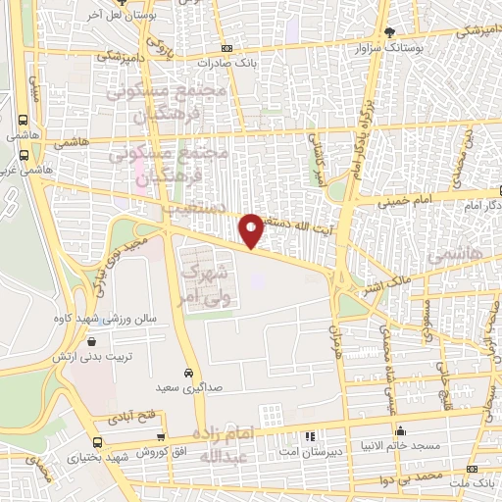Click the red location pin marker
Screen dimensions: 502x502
[252, 229]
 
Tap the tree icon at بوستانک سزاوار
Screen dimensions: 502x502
[391, 33]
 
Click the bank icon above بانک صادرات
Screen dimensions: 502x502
[227, 48]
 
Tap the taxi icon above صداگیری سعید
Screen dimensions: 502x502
[186, 374]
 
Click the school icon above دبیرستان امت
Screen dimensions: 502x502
[311, 435]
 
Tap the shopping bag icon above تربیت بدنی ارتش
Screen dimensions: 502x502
[92, 342]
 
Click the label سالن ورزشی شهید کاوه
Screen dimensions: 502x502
[105, 320]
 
